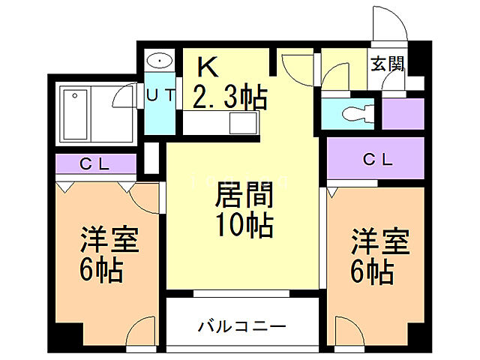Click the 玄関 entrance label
tap(387, 64)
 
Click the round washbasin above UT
tap(159, 61)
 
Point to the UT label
tap(159, 95)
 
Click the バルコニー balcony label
tap(241, 326)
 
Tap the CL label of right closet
tap(377, 159)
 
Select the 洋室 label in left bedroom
tap(109, 243)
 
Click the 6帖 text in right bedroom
tap(373, 271)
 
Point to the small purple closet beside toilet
tap(399, 112)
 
